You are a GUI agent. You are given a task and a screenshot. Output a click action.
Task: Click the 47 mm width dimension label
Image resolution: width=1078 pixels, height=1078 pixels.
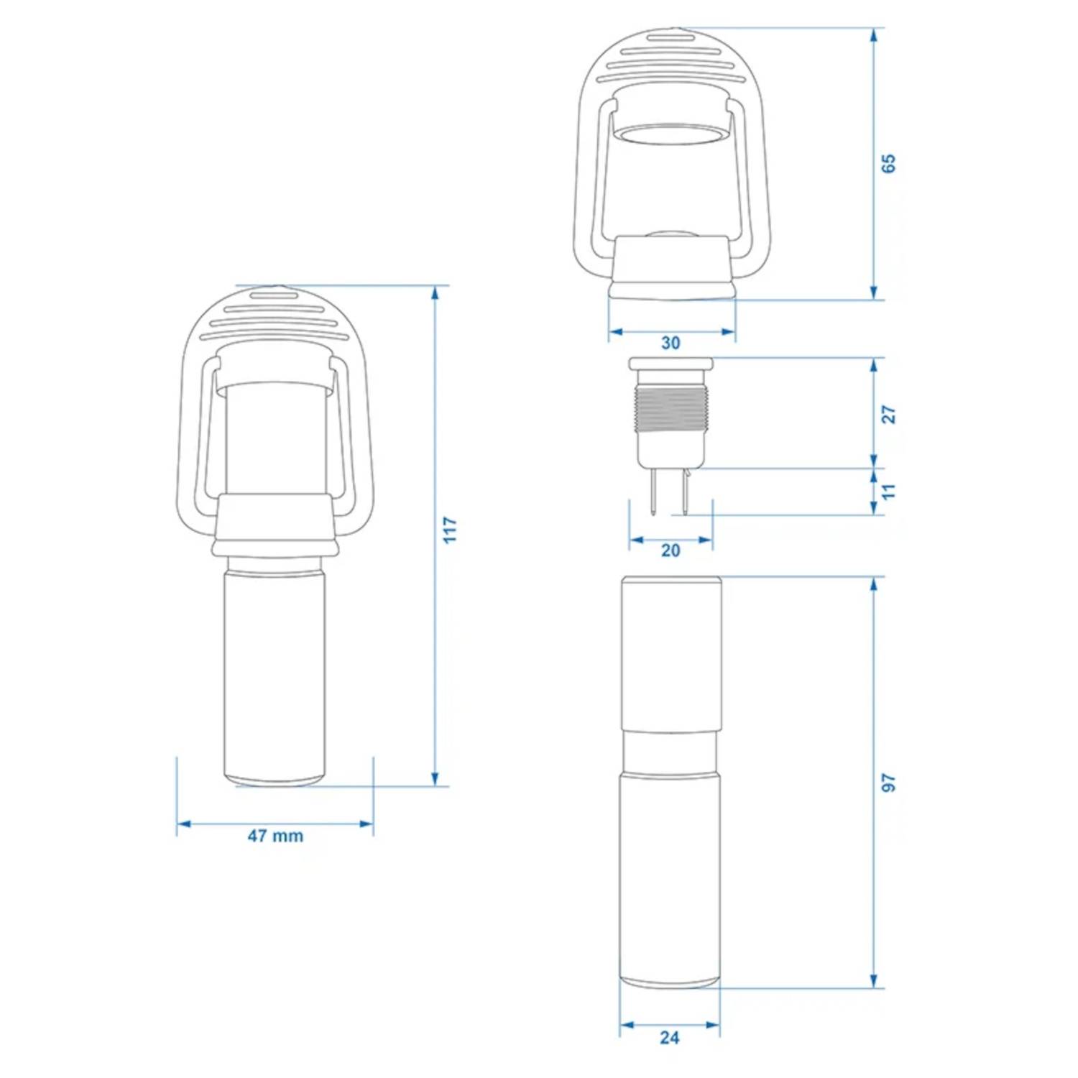pyautogui.click(x=275, y=836)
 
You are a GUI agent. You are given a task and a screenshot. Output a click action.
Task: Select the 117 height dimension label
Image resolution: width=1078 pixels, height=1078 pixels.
pyautogui.click(x=450, y=530)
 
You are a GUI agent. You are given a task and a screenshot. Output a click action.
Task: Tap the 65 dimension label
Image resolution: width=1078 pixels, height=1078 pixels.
pyautogui.click(x=889, y=164)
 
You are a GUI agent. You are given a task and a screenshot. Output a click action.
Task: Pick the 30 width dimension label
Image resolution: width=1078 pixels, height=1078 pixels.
pyautogui.click(x=671, y=344)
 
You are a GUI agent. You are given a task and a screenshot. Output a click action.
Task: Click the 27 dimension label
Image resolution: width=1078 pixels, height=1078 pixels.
pyautogui.click(x=889, y=415)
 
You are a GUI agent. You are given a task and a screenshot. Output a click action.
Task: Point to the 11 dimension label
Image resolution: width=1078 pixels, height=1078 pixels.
pyautogui.click(x=889, y=492)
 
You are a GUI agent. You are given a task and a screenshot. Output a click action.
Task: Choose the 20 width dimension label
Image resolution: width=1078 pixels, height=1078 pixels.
pyautogui.click(x=671, y=550)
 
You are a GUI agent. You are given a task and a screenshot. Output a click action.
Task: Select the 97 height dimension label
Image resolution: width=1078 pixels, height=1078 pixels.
pyautogui.click(x=889, y=783)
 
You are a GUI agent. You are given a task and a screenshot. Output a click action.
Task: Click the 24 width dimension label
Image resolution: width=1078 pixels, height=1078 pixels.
pyautogui.click(x=669, y=1038)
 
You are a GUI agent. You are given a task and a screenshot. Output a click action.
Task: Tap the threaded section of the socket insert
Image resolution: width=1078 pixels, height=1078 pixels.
pyautogui.click(x=671, y=410)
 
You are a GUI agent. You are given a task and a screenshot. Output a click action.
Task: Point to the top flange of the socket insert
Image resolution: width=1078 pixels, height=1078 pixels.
pyautogui.click(x=671, y=363)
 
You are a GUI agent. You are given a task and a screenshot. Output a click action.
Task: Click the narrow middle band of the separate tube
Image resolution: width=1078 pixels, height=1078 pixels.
pyautogui.click(x=670, y=752)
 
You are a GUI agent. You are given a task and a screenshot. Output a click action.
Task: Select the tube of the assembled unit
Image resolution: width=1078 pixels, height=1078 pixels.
pyautogui.click(x=275, y=676)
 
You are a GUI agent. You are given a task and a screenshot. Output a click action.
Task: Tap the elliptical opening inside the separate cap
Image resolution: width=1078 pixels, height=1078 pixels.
pyautogui.click(x=671, y=135)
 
